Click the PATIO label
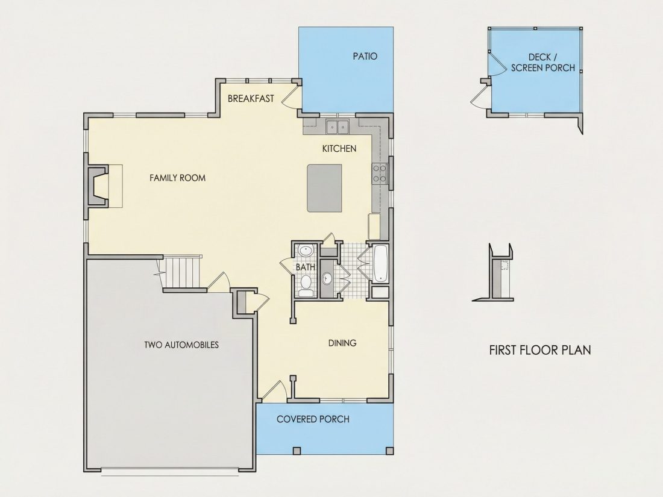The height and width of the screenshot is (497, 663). click(365, 56)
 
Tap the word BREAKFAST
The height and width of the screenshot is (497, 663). click(251, 98)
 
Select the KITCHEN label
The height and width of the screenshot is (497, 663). click(339, 148)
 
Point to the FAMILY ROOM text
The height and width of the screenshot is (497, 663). click(178, 178)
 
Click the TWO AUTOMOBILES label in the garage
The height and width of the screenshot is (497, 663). click(181, 345)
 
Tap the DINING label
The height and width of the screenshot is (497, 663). click(342, 343)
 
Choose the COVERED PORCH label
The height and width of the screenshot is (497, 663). click(313, 419)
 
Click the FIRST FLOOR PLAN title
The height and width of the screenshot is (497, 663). click(540, 350)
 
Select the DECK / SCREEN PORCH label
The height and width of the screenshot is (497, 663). click(542, 63)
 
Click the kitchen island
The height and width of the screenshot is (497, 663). click(324, 188)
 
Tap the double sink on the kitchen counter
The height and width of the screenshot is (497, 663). click(337, 127)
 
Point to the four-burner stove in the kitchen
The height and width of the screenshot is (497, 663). click(380, 173)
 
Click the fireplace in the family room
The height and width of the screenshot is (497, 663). click(98, 186)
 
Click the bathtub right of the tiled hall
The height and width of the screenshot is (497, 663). click(381, 263)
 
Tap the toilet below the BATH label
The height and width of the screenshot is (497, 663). click(306, 286)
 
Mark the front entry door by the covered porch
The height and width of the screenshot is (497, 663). click(274, 391)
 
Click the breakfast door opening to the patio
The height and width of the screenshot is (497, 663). click(291, 96)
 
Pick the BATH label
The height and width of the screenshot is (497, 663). click(305, 267)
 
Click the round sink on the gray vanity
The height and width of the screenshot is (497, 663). click(327, 278)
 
